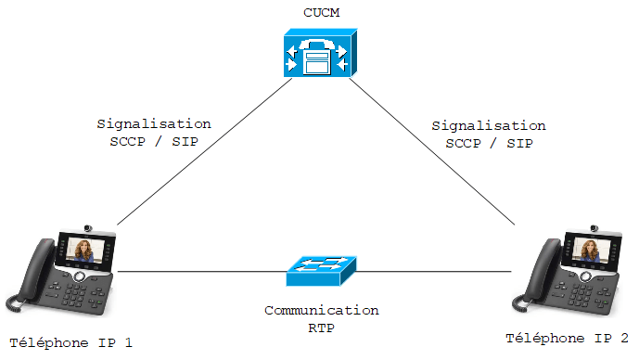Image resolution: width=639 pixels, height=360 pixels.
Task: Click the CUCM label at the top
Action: click(322, 13)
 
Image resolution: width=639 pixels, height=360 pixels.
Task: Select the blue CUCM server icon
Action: click(321, 53)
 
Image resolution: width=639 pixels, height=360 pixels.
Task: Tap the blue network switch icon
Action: click(322, 271)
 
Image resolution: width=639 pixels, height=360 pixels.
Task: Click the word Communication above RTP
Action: click(322, 310)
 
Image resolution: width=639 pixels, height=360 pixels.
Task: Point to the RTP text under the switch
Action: click(322, 328)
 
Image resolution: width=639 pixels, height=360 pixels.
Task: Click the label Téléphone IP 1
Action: click(70, 343)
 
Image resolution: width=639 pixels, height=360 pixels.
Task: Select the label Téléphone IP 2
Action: click(567, 338)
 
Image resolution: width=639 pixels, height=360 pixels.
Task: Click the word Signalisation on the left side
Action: click(154, 124)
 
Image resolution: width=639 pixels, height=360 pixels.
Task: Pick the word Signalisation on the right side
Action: click(489, 125)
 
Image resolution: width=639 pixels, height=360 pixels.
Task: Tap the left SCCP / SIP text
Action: click(154, 141)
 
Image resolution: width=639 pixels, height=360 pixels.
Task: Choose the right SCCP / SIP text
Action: click(489, 143)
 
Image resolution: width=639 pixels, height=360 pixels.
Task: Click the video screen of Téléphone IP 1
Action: click(84, 250)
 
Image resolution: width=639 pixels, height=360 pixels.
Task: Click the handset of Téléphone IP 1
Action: click(34, 269)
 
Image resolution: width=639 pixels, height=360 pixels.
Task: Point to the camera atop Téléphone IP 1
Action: click(88, 228)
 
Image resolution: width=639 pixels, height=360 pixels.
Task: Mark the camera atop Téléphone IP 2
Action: click(594, 228)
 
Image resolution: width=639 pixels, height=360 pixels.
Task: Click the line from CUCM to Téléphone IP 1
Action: click(205, 151)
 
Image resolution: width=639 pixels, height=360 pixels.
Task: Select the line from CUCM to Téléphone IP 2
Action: click(432, 151)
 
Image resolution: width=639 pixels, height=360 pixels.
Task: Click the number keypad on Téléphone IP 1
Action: click(74, 295)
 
